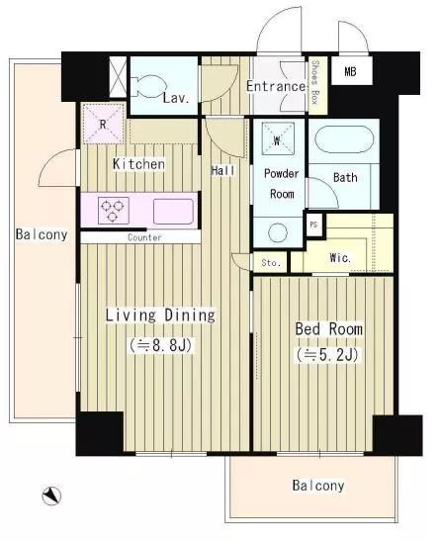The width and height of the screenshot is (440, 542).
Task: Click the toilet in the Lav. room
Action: [149, 86]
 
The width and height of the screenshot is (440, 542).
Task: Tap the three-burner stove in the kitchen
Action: [114, 210]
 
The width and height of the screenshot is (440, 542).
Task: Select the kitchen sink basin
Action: [173, 212]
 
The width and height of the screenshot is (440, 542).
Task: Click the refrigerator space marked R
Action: [103, 124]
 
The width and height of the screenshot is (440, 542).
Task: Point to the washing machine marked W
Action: [278, 138]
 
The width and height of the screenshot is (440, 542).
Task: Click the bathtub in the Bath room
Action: [344, 139]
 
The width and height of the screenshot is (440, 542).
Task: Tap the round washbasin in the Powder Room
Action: [278, 232]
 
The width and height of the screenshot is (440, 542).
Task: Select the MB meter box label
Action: [350, 71]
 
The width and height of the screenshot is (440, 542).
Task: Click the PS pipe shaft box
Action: [313, 226]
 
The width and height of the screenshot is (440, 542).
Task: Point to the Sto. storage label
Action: [271, 263]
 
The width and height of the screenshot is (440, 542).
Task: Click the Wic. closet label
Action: [340, 257]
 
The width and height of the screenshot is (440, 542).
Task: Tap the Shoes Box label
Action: [314, 82]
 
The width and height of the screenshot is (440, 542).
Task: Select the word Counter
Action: [144, 237]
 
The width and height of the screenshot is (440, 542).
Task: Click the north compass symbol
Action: [51, 497]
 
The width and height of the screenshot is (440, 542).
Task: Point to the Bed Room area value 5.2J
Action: [327, 355]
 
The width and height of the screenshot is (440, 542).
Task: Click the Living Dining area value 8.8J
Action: [161, 345]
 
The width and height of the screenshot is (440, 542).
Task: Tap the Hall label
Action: [222, 170]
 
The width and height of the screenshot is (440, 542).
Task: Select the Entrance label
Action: [277, 86]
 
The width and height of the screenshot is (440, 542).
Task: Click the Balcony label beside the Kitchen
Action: [42, 234]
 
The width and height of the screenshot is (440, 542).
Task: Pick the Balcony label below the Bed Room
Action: [318, 486]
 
